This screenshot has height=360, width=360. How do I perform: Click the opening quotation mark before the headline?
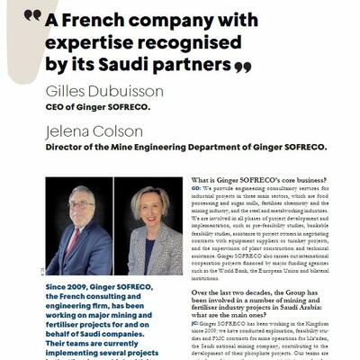pos(33,15)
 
